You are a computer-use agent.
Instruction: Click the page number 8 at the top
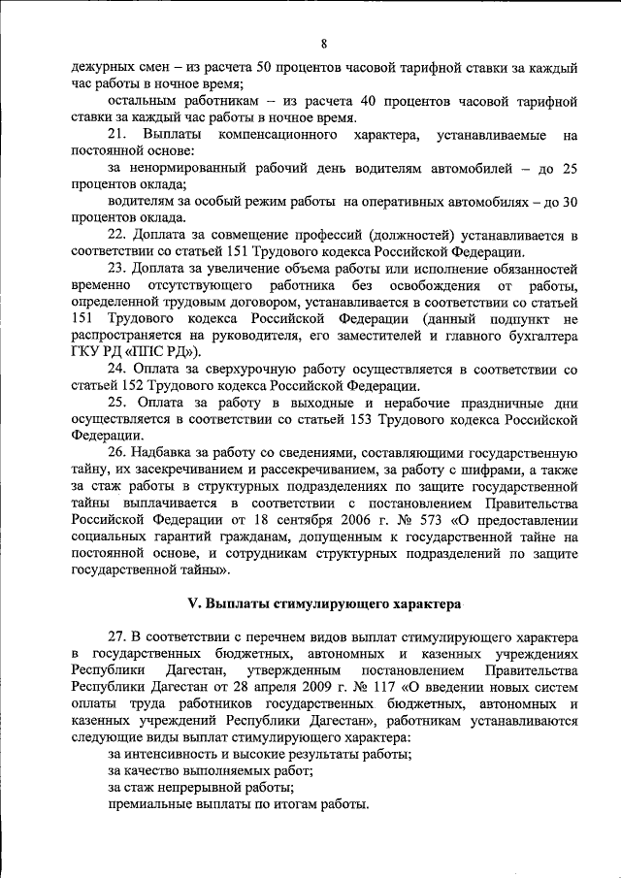pyautogui.click(x=323, y=44)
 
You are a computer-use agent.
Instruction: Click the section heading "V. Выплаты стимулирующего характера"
pyautogui.click(x=323, y=603)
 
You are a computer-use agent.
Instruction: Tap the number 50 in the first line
pyautogui.click(x=264, y=69)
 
